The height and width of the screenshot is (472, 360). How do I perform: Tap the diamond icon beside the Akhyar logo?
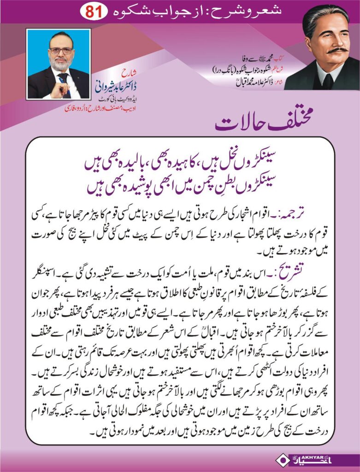tap(281, 461)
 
